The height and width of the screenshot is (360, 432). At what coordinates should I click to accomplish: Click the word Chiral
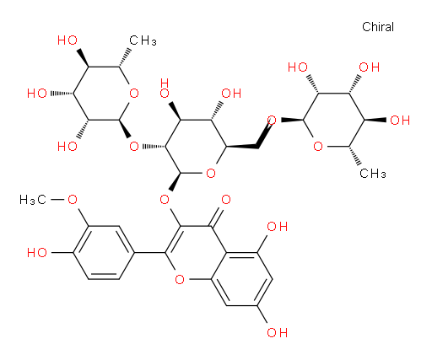coord(378,27)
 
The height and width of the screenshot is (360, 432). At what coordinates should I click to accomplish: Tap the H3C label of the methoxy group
coord(33,200)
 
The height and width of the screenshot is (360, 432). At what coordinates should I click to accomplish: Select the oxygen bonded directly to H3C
coord(73,200)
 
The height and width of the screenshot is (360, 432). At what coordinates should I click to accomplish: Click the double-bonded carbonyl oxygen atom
coord(226,200)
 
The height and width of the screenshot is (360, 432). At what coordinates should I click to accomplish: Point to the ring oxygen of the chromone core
coord(180,279)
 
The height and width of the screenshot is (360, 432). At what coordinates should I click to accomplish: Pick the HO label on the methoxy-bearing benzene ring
coord(37,253)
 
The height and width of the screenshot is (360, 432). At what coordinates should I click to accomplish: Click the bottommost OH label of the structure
coord(277,332)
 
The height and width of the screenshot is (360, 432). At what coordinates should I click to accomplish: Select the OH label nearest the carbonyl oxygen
coord(277,226)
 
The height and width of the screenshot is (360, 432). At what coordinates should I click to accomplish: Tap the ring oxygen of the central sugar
coord(211,173)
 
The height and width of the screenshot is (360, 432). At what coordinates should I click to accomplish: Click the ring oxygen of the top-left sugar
coord(134,94)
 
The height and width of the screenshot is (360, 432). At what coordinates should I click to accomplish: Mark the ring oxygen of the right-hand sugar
coord(318,147)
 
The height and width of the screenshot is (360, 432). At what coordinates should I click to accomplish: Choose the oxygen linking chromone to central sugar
coord(165,200)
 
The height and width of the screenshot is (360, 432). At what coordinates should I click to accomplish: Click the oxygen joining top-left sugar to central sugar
coord(134,147)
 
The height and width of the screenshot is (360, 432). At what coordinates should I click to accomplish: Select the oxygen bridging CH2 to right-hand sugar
coord(272,120)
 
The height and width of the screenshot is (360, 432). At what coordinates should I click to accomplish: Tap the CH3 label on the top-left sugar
coord(143,40)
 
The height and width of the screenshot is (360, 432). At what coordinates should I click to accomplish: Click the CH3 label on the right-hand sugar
coord(373,174)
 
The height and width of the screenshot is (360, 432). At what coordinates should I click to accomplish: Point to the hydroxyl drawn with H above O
coord(165,89)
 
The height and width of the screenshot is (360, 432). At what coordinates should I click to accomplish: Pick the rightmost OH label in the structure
coord(400,120)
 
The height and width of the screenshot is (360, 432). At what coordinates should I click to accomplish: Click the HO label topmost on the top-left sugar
coord(67,40)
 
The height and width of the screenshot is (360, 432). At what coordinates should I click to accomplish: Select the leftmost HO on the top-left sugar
coord(37,94)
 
